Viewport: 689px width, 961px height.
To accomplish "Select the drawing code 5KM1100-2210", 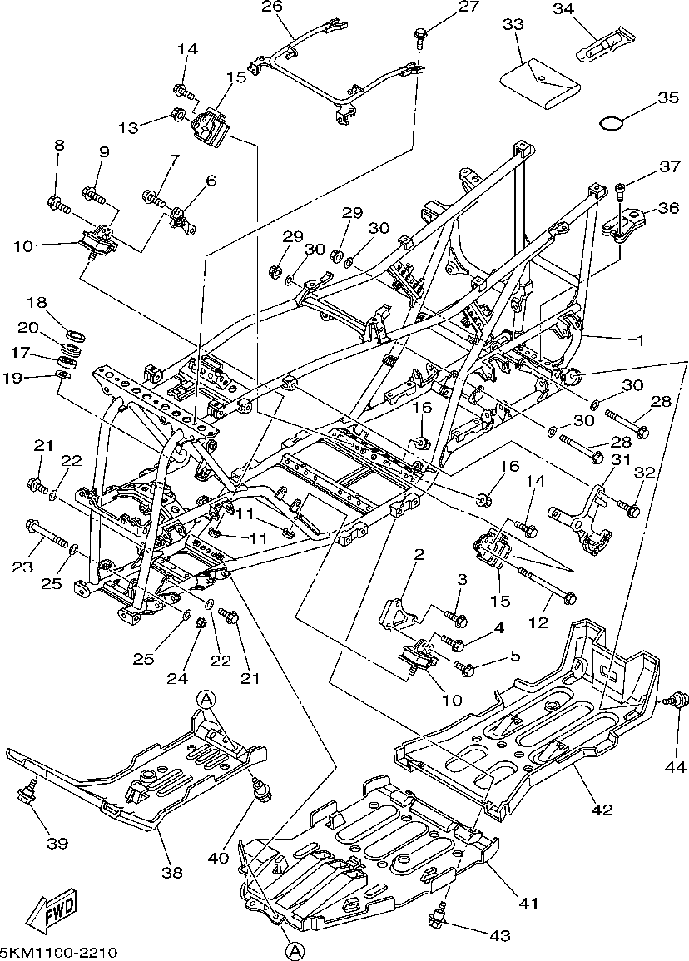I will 58,952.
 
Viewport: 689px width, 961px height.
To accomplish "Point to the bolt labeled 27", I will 420,35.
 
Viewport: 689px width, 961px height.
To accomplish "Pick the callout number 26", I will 272,7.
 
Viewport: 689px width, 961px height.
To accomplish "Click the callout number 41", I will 529,903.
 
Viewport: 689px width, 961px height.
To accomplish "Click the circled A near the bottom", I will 292,949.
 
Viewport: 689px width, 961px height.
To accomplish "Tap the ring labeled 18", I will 76,335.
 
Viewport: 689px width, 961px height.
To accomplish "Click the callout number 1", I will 641,339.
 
